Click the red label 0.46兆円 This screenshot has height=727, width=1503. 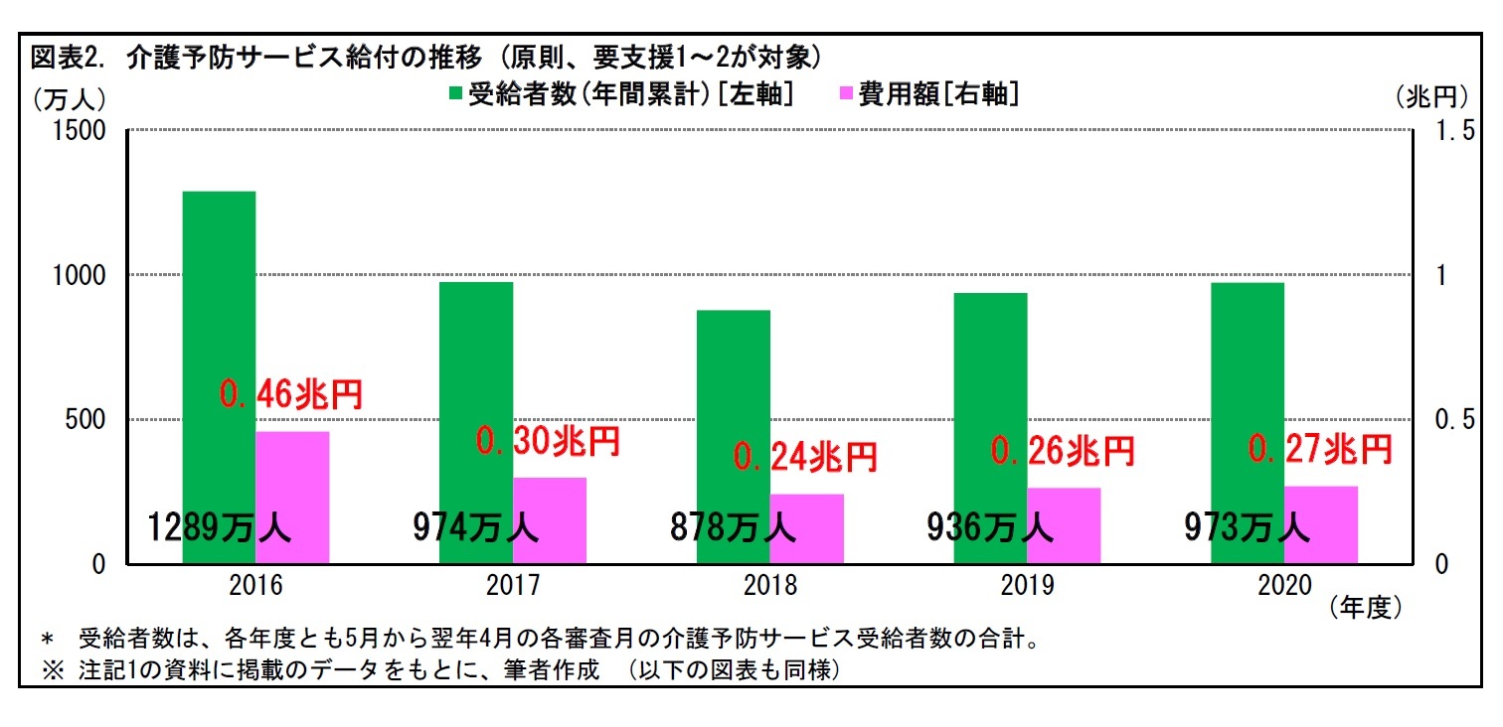pos(291,394)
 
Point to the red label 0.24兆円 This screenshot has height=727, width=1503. pos(805,456)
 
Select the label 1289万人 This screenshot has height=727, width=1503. pos(220,527)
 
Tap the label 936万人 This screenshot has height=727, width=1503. pos(990,527)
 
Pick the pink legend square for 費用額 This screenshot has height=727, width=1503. pos(847,93)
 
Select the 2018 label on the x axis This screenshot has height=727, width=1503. pos(770,586)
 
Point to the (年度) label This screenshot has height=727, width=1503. pos(1365,608)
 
